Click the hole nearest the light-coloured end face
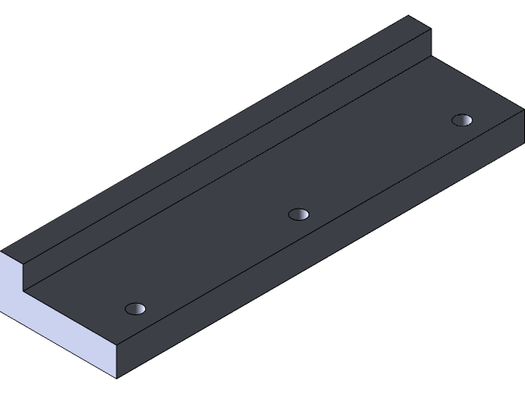point(135,309)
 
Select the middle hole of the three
point(299,214)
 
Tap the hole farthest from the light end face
point(463,120)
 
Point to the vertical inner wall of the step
point(230,157)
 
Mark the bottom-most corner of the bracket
point(116,378)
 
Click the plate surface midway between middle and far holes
point(381,167)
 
